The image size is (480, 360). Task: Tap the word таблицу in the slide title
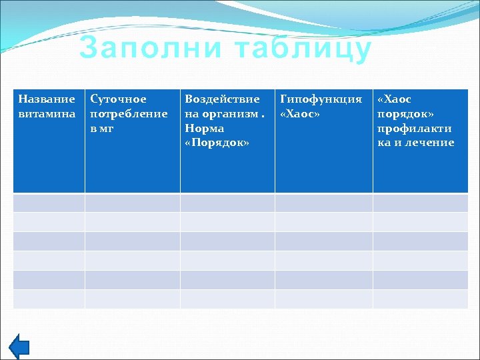[x=295, y=49]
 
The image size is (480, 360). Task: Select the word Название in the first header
[x=47, y=99]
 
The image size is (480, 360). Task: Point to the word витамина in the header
[x=47, y=113]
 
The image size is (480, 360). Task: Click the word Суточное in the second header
[x=118, y=99]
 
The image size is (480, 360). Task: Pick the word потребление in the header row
[x=129, y=113]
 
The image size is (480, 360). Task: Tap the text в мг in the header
[x=102, y=128]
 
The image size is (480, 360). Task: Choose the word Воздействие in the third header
[x=222, y=99]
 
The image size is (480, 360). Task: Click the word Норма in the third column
[x=204, y=128]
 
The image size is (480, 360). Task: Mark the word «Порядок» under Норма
[x=217, y=142]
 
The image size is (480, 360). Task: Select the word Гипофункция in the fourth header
[x=321, y=99]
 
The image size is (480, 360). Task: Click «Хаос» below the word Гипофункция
[x=300, y=113]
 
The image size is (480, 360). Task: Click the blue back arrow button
[x=21, y=346]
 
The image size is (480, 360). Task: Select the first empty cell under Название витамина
[x=49, y=203]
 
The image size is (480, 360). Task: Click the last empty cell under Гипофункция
[x=323, y=299]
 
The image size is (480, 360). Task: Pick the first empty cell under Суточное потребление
[x=132, y=203]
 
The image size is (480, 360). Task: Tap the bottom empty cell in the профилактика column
[x=421, y=299]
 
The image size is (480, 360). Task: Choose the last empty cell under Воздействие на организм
[x=227, y=299]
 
